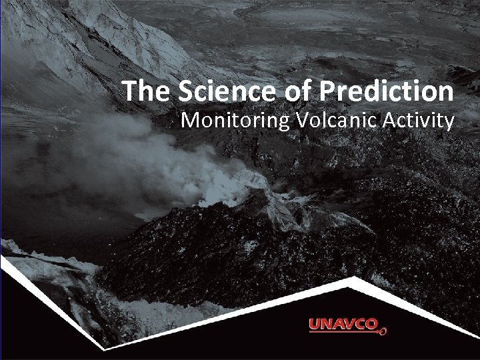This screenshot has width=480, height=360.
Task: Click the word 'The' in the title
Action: (141, 91)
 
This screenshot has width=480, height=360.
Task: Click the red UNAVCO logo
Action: (347, 325)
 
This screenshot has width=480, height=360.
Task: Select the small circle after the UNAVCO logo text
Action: (384, 329)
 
